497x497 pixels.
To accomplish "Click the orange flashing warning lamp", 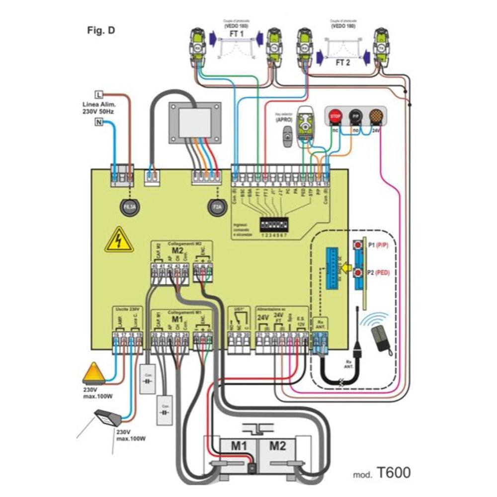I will (92, 373).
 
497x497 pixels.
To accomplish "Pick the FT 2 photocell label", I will (343, 63).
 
